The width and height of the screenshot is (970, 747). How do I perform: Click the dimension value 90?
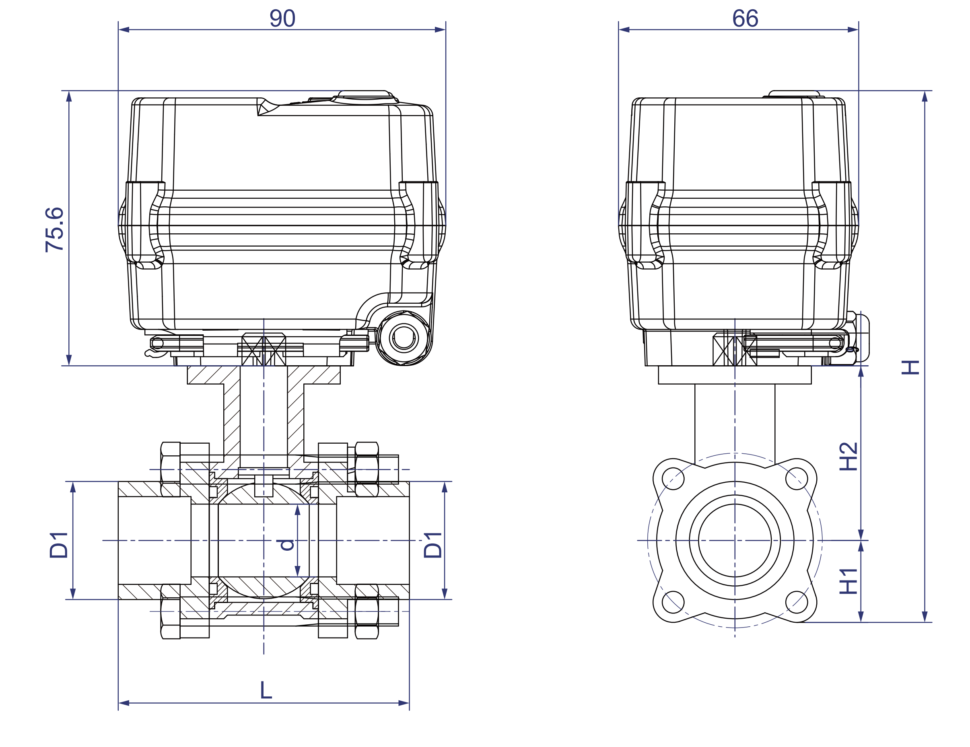[x=282, y=19]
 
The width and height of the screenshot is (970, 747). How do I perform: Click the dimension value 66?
[x=745, y=19]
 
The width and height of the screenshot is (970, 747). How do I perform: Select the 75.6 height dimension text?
[x=55, y=230]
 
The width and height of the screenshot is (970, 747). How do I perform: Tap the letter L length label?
[x=266, y=690]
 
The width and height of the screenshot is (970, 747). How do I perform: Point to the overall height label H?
[x=910, y=367]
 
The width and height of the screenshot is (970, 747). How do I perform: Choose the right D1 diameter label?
[x=432, y=545]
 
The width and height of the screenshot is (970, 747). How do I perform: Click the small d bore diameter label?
[x=287, y=545]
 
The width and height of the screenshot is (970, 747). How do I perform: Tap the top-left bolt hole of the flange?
[x=673, y=479]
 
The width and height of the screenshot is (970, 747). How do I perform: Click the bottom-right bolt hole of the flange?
[x=796, y=602]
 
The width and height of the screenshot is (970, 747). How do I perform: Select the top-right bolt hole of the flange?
[x=796, y=479]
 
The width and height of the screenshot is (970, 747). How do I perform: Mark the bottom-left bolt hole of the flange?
[x=673, y=602]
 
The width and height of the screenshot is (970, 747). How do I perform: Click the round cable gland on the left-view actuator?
[x=404, y=338]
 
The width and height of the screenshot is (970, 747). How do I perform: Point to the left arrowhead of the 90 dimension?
[x=124, y=30]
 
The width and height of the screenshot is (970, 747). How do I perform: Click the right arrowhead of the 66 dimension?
[x=853, y=30]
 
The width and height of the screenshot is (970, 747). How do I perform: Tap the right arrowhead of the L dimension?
[x=403, y=703]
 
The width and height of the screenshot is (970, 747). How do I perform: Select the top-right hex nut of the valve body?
[x=367, y=469]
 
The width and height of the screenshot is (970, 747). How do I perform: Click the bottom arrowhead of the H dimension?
[x=925, y=616]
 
